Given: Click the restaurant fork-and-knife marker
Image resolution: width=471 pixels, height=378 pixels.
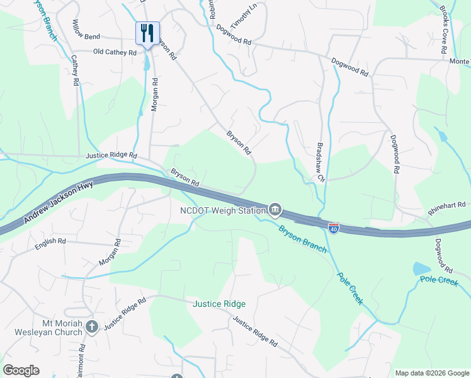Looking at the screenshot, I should [147, 33].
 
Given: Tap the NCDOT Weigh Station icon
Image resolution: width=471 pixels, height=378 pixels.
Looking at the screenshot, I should [275, 209].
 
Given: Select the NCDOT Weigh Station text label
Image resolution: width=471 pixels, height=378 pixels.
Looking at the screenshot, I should [222, 210].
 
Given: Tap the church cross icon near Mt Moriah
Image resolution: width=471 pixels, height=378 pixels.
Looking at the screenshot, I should [92, 326].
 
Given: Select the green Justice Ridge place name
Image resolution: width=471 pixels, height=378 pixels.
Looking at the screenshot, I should [219, 304].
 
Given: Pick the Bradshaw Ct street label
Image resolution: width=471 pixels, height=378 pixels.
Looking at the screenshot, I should [320, 160].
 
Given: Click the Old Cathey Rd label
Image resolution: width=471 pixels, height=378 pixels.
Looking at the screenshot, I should [115, 53].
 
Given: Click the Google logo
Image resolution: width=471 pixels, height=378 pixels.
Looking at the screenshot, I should [21, 370].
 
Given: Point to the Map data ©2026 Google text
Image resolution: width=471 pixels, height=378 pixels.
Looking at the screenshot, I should [431, 373].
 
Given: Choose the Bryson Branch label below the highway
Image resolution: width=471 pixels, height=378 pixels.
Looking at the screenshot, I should [303, 239].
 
